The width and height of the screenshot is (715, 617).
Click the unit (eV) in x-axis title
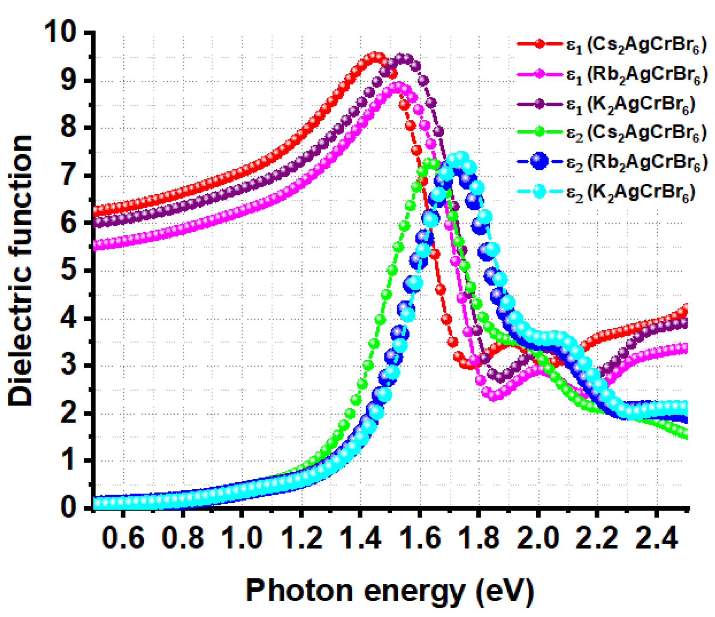(505, 591)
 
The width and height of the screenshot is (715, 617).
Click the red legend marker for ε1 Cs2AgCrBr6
(539, 44)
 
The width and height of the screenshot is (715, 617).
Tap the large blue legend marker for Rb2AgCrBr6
(539, 161)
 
